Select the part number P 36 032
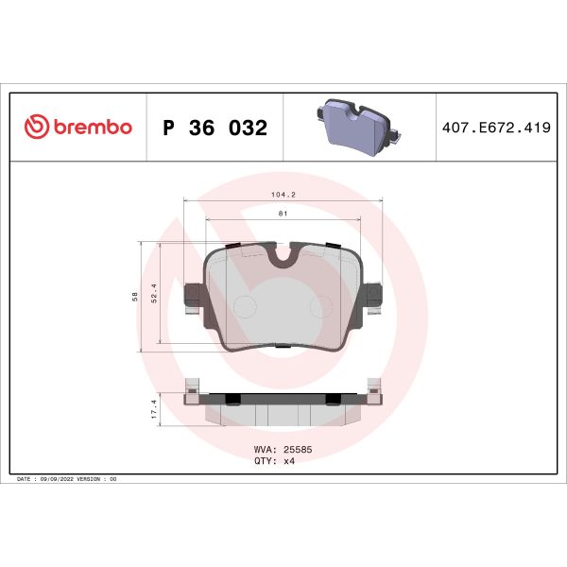click(x=215, y=128)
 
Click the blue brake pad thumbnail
click(x=354, y=127)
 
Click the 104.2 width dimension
click(x=283, y=195)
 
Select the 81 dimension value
click(x=283, y=214)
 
